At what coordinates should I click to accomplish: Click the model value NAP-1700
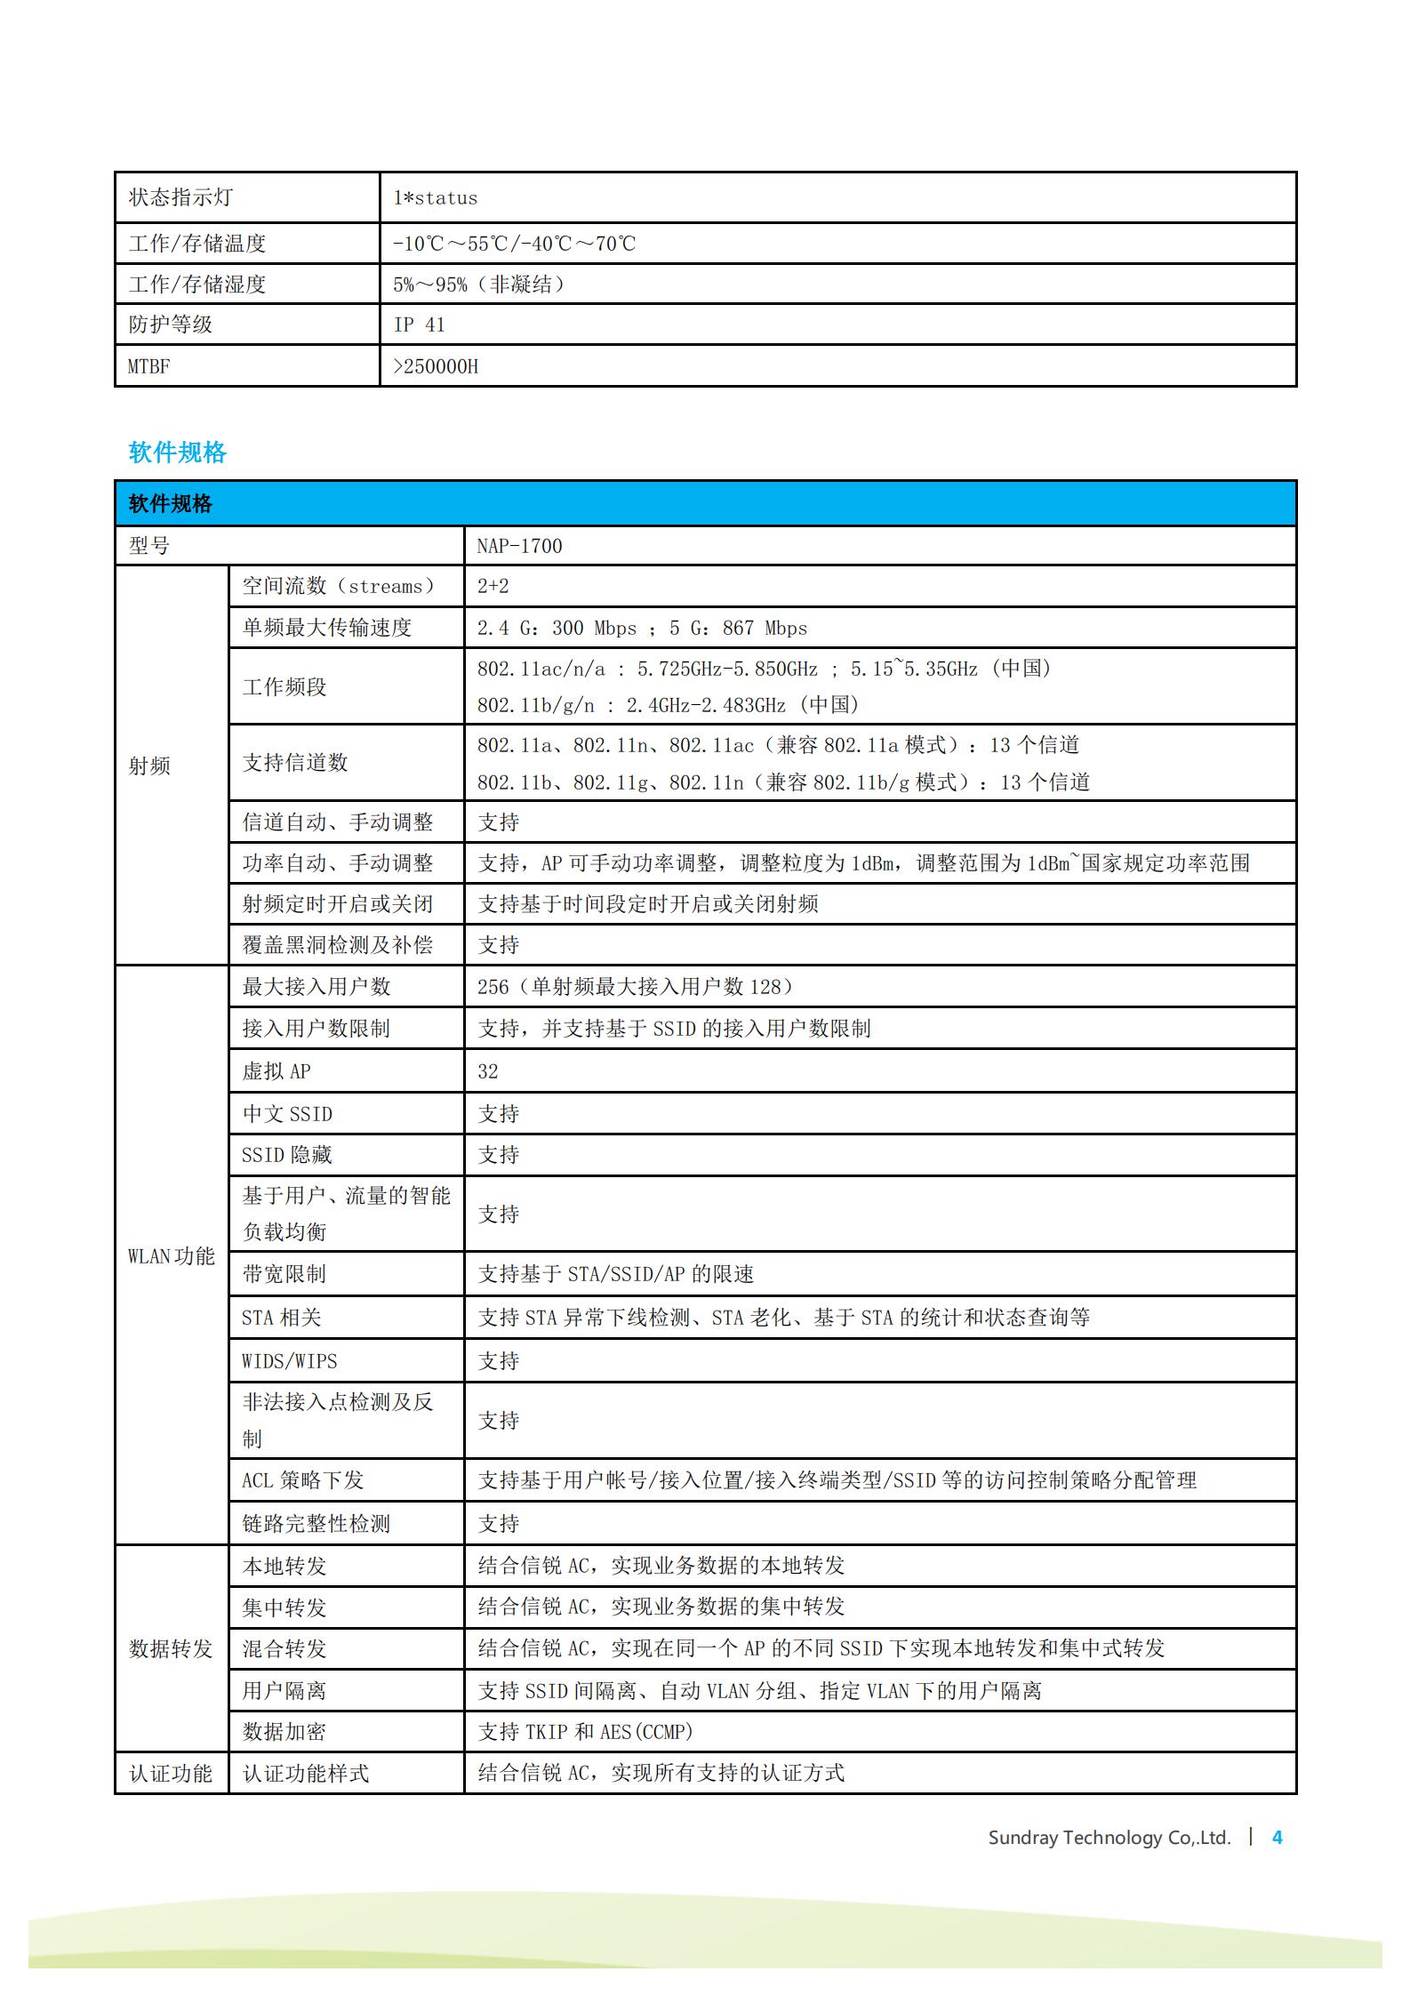click(519, 546)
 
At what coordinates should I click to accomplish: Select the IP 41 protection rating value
click(419, 325)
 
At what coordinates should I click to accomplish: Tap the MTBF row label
click(148, 366)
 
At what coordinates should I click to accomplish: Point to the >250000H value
click(436, 366)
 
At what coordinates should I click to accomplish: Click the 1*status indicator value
click(435, 198)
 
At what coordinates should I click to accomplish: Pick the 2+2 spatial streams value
click(493, 587)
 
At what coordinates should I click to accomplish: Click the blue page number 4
click(1278, 1838)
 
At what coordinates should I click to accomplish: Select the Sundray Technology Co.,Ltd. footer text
click(1109, 1838)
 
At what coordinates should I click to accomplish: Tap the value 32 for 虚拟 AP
click(488, 1071)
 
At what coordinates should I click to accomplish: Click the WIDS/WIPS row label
click(290, 1361)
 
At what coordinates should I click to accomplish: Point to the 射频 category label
click(149, 766)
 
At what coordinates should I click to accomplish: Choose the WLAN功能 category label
click(172, 1256)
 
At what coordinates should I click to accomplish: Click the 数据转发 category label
click(171, 1649)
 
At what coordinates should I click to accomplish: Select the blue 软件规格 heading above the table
click(178, 453)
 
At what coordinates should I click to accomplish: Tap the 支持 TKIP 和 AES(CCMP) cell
click(585, 1732)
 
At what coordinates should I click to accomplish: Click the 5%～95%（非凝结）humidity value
click(479, 285)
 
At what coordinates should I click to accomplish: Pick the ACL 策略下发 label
click(303, 1480)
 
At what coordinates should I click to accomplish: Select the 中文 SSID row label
click(287, 1114)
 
